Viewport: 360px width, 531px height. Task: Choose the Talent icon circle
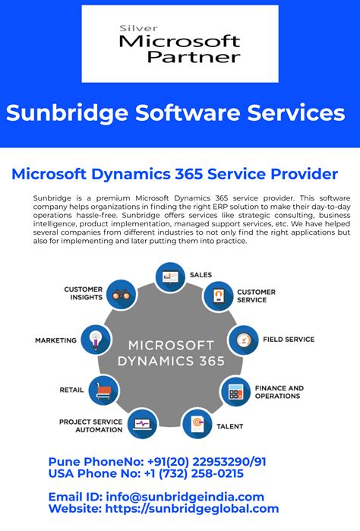pyautogui.click(x=197, y=422)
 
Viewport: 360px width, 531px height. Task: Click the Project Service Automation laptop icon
pyautogui.click(x=141, y=423)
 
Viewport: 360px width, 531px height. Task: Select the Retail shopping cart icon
pyautogui.click(x=103, y=390)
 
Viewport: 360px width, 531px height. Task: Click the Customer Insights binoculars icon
pyautogui.click(x=120, y=294)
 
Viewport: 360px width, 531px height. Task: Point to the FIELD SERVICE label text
pyautogui.click(x=288, y=340)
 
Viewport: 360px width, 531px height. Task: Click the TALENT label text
pyautogui.click(x=230, y=427)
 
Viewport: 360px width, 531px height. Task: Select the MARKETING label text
pyautogui.click(x=55, y=340)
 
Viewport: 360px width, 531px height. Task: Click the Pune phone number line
pyautogui.click(x=156, y=461)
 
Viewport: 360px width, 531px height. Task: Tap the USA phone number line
pyautogui.click(x=146, y=473)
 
